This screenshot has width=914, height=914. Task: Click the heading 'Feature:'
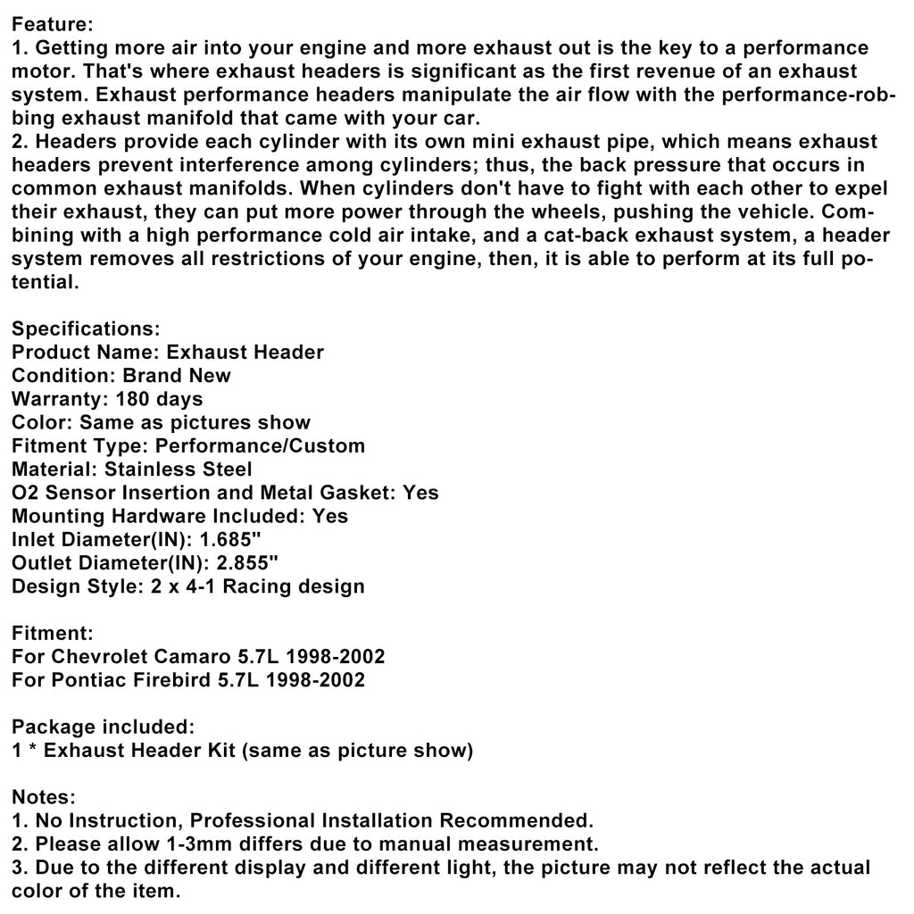click(x=52, y=25)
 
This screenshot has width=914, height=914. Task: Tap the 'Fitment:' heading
click(x=52, y=634)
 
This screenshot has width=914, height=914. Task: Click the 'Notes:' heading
click(x=44, y=797)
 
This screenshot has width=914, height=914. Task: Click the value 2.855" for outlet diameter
click(x=245, y=562)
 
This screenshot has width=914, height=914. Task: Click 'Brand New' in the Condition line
click(x=176, y=376)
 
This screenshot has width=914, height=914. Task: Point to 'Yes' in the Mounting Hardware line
click(x=331, y=516)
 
